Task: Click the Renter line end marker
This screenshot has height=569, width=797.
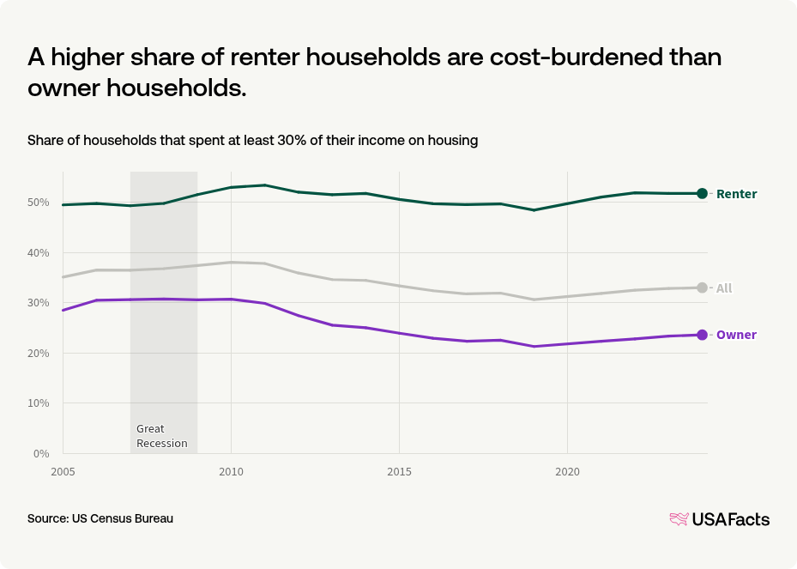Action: pyautogui.click(x=702, y=193)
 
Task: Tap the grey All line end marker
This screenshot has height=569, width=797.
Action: pyautogui.click(x=702, y=288)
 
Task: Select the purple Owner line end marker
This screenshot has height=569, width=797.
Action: pyautogui.click(x=702, y=335)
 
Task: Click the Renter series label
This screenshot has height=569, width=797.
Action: pyautogui.click(x=736, y=194)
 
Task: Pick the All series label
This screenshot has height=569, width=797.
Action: pyautogui.click(x=724, y=288)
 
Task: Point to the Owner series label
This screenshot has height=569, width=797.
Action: pyautogui.click(x=736, y=335)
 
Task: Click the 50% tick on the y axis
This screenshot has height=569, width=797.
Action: pyautogui.click(x=38, y=203)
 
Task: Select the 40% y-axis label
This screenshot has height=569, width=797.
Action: pyautogui.click(x=38, y=253)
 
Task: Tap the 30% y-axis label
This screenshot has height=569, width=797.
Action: pyautogui.click(x=38, y=303)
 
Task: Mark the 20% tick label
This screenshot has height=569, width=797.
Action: pyautogui.click(x=38, y=353)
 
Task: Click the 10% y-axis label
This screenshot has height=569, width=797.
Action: pyautogui.click(x=38, y=403)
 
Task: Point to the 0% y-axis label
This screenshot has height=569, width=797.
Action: pyautogui.click(x=41, y=453)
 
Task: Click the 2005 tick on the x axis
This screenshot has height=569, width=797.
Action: pyautogui.click(x=62, y=472)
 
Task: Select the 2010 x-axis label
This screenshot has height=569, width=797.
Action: pyautogui.click(x=230, y=472)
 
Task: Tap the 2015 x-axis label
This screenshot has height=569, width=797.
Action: pyautogui.click(x=398, y=472)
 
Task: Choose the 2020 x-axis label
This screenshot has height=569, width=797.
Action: pyautogui.click(x=566, y=472)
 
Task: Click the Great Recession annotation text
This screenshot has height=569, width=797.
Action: pyautogui.click(x=161, y=436)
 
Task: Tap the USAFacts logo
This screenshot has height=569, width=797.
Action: pyautogui.click(x=719, y=519)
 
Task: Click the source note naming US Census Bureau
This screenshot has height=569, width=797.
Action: pyautogui.click(x=100, y=519)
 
